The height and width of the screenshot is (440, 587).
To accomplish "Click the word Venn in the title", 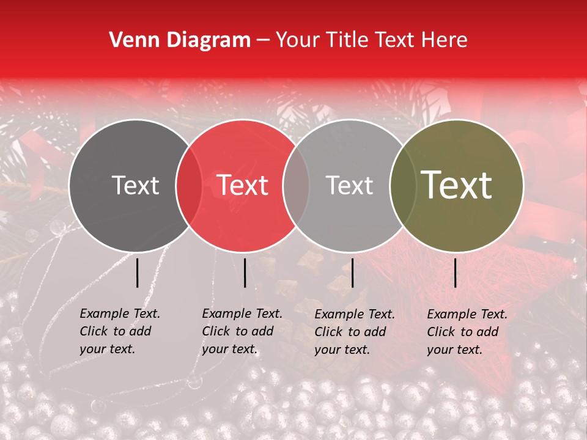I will point(130,40).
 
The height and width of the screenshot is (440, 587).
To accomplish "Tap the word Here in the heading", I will point(445,40).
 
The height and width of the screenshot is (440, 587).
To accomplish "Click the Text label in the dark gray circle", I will point(135,185).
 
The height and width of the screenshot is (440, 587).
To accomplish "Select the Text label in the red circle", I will point(243,185).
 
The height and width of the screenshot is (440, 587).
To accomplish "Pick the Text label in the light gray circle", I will point(349,185).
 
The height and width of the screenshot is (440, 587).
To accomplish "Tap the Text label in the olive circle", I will point(456,185).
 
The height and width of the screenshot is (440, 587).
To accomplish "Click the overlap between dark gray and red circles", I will point(189,185).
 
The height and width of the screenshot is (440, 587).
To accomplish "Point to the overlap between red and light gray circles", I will point(296,185).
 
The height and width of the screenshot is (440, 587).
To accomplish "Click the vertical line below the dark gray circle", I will point(137,273).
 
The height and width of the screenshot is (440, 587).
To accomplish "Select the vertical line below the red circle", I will point(245,273).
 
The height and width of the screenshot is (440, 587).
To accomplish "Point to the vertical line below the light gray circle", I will point(352,273).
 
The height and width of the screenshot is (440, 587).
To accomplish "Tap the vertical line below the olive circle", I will point(456,273).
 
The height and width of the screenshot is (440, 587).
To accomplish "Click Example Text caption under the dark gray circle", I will point(120,313).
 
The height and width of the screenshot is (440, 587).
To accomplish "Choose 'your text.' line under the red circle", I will point(230,349).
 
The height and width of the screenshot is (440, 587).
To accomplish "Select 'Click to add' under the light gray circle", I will point(350,332).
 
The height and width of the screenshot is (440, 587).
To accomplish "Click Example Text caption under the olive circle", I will point(467,314).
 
